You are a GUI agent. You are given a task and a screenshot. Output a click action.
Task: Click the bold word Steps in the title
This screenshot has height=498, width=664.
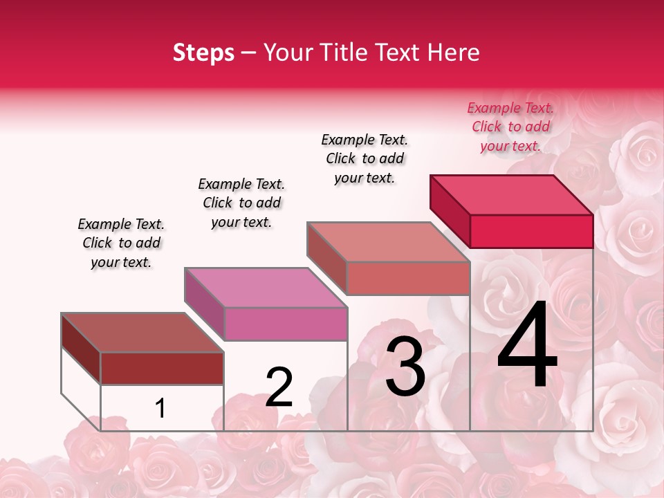click(x=203, y=53)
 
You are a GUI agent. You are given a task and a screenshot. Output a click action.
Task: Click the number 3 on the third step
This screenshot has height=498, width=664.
click(x=405, y=366)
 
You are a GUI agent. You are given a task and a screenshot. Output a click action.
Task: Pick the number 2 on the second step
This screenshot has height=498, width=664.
click(x=279, y=387)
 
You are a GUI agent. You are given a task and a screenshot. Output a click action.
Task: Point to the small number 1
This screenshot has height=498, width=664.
click(x=160, y=409)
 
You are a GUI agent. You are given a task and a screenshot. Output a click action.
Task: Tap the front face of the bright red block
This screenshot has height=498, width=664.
click(x=531, y=231)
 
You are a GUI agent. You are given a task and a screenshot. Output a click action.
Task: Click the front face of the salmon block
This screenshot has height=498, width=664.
click(x=408, y=278)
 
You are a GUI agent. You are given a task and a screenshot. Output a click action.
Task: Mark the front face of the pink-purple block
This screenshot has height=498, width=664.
click(x=286, y=324)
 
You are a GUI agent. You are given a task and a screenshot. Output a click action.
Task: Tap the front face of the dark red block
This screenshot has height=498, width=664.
click(x=162, y=368)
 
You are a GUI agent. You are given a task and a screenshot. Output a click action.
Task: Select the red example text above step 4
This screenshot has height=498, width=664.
click(x=510, y=127)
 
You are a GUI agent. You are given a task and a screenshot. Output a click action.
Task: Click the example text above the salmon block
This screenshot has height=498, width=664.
click(x=365, y=158)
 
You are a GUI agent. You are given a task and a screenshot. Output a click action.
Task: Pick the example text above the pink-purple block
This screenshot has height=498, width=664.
click(x=241, y=203)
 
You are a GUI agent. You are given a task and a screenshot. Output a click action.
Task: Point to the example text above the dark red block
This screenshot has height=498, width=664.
click(x=121, y=243)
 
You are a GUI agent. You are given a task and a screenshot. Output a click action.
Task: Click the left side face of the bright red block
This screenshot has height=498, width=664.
click(x=450, y=211)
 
